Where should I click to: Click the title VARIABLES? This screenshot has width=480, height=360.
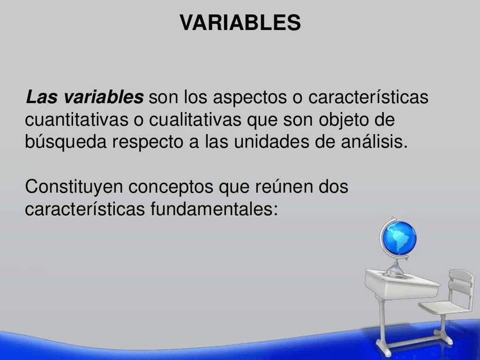coord(241,22)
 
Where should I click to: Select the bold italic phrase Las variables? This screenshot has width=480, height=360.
coord(84,97)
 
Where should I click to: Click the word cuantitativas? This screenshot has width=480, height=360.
coord(76,119)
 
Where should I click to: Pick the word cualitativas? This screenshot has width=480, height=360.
coord(195,119)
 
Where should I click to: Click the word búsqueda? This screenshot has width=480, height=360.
coord(66,143)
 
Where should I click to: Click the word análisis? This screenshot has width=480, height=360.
coord(374,142)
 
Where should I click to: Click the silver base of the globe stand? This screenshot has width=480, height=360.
coord(396,271)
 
